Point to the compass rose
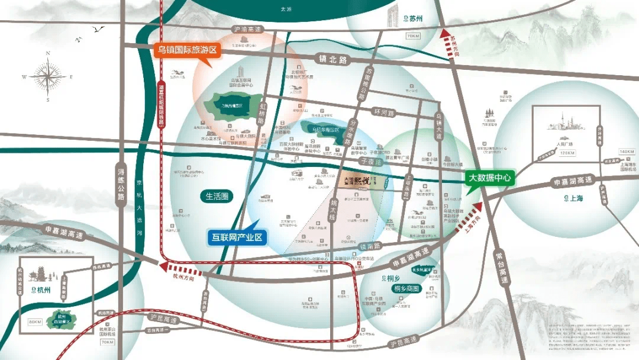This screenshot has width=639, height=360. click(x=49, y=77)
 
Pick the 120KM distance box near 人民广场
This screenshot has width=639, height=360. click(x=567, y=153)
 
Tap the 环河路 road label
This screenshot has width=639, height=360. click(x=382, y=111)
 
